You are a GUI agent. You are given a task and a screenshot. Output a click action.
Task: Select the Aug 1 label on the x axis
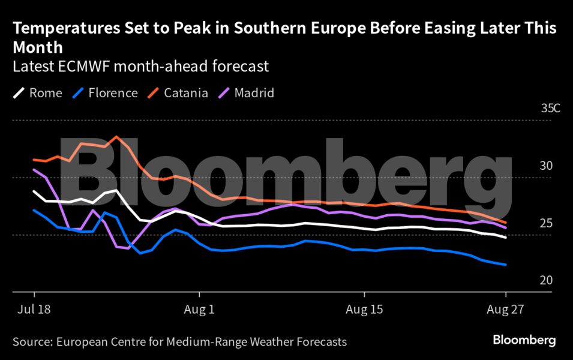tap(199, 311)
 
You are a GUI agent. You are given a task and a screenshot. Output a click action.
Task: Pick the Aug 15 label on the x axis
tap(364, 311)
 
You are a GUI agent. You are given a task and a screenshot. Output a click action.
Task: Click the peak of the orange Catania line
tap(116, 136)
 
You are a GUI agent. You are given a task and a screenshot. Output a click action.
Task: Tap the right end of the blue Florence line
tap(506, 265)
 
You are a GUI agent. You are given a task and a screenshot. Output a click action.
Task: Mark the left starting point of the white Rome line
tap(34, 191)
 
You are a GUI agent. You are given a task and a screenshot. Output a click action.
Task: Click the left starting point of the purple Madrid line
tap(34, 169)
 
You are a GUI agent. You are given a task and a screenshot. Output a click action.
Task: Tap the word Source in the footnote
tap(31, 342)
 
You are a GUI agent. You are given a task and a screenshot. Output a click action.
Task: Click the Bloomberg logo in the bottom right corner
tap(524, 340)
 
